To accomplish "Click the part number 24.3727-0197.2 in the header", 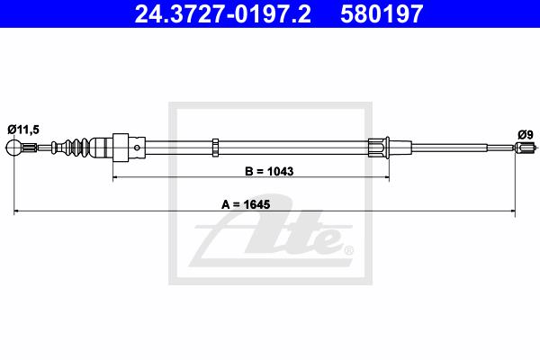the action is pos(222,14).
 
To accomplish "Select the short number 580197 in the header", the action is pos(382,14).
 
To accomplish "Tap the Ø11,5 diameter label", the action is pos(23,130).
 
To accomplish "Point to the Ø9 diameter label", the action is pos(526,135).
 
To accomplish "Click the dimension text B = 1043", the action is pos(269,171).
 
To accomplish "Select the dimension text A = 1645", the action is pos(246,204).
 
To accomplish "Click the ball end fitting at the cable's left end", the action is pos(13,148).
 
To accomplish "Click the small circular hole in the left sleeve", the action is pos(137,148).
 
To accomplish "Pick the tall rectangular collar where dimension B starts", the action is pos(121,148).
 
